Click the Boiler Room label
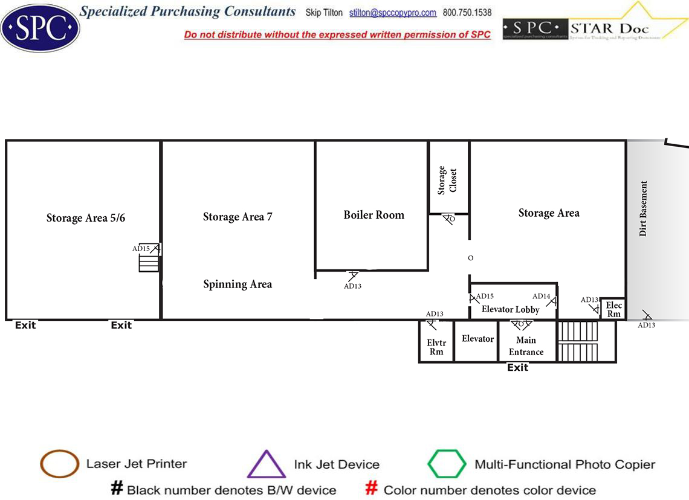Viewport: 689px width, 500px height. pyautogui.click(x=374, y=215)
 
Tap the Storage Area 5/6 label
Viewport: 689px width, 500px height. pyautogui.click(x=86, y=218)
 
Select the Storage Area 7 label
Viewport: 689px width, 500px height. pyautogui.click(x=238, y=217)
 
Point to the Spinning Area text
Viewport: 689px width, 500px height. pyautogui.click(x=238, y=284)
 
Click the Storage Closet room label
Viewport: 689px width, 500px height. pyautogui.click(x=447, y=180)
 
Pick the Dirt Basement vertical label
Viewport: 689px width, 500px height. pyautogui.click(x=643, y=208)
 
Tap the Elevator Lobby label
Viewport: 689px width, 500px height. pyautogui.click(x=510, y=310)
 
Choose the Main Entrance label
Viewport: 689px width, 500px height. pyautogui.click(x=526, y=346)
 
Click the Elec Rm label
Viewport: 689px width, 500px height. pyautogui.click(x=613, y=310)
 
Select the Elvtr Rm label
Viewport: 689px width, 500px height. pyautogui.click(x=436, y=347)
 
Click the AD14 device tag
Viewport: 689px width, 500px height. pyautogui.click(x=541, y=296)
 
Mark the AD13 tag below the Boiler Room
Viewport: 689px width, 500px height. pyautogui.click(x=352, y=286)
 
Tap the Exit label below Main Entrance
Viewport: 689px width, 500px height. pyautogui.click(x=517, y=368)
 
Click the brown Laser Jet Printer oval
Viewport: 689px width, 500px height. pyautogui.click(x=59, y=464)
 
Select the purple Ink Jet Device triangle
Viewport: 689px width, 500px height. pyautogui.click(x=266, y=464)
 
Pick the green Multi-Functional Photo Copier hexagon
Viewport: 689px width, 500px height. pyautogui.click(x=447, y=464)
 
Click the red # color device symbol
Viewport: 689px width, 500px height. pyautogui.click(x=372, y=489)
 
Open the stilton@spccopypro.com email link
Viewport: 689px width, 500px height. pyautogui.click(x=393, y=13)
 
